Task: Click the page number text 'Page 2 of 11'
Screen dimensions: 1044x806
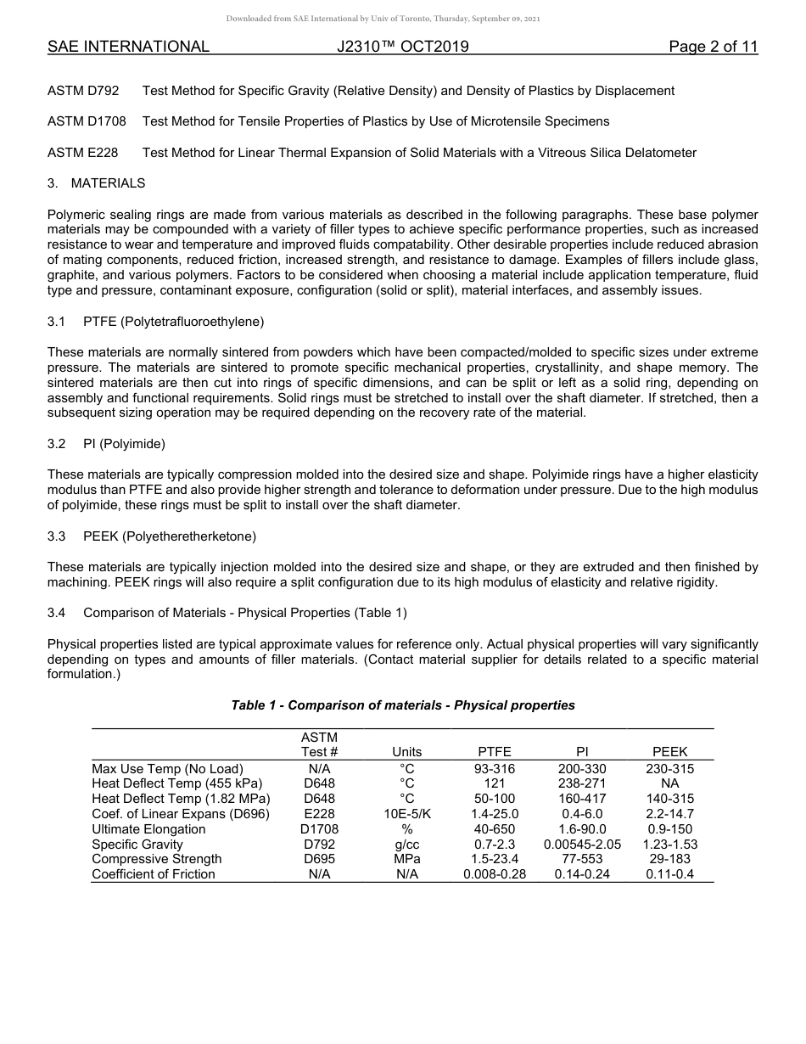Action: tap(713, 47)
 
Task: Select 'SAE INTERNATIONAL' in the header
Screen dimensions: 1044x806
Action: tap(128, 47)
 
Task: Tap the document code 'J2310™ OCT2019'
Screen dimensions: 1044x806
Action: tap(402, 47)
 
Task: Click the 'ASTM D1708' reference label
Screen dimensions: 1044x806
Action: tap(87, 121)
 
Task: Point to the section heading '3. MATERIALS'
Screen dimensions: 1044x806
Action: tap(97, 183)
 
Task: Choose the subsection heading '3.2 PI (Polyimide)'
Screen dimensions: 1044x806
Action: tap(106, 444)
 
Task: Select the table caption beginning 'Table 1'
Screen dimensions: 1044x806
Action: tap(403, 705)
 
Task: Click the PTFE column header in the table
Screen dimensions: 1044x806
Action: tap(495, 752)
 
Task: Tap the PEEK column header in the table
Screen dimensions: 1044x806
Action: tap(669, 752)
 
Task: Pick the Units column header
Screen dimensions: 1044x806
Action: tap(406, 752)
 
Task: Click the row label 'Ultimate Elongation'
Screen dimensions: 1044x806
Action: tap(148, 829)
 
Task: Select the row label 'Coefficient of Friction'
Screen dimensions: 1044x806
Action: tap(154, 874)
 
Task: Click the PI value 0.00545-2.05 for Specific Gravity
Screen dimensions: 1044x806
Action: tap(582, 845)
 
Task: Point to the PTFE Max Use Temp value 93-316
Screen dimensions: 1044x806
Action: tap(495, 769)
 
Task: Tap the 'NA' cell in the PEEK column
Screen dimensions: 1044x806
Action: tap(669, 783)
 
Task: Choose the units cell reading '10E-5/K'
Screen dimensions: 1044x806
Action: tap(406, 814)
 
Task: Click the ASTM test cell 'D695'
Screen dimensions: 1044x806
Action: tap(319, 859)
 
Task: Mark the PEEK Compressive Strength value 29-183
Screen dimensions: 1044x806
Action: tap(669, 859)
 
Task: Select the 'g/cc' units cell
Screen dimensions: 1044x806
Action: tap(406, 845)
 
